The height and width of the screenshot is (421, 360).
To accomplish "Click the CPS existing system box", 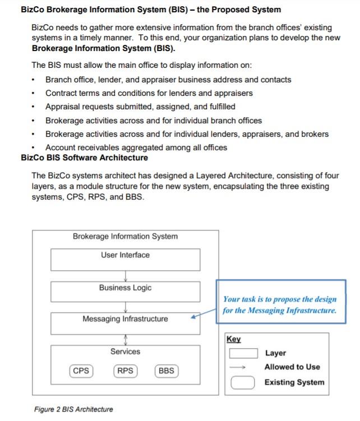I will [x=81, y=371].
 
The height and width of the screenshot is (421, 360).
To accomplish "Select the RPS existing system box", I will [x=125, y=371].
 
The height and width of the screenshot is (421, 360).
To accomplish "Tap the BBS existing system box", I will [x=166, y=371].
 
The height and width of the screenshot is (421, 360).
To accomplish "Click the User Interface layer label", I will [x=125, y=255].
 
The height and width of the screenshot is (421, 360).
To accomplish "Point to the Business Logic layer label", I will [x=125, y=288].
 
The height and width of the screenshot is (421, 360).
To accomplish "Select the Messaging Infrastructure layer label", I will [x=125, y=319].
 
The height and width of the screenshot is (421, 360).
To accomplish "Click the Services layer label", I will [x=125, y=351].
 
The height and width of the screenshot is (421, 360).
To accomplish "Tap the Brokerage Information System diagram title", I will [x=125, y=237].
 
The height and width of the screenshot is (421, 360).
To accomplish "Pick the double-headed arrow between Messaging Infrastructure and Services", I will [x=125, y=340].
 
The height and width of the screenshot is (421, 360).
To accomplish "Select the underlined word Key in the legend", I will [x=233, y=339].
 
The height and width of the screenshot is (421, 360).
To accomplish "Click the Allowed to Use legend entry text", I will [x=292, y=367].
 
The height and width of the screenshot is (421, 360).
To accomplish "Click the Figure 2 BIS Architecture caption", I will [x=73, y=409].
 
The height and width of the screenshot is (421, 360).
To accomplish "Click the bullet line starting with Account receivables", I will [x=136, y=147].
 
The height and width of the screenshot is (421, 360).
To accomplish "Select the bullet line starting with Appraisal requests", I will [x=140, y=107].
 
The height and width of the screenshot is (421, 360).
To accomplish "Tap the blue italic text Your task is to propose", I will [x=280, y=299].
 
